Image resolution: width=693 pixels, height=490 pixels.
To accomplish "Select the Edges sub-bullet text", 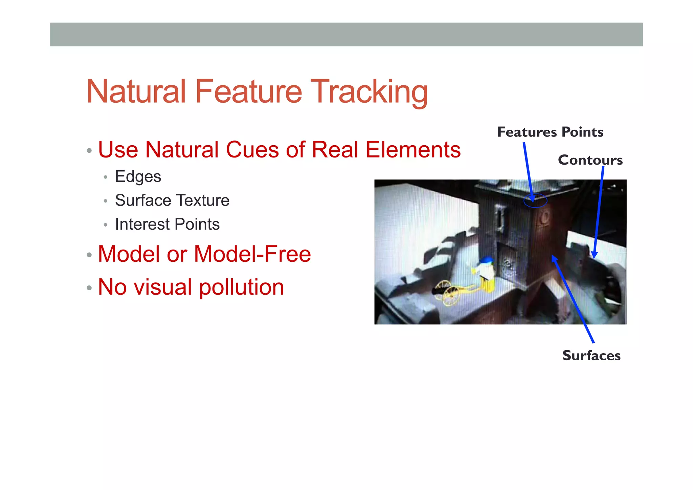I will [x=138, y=176].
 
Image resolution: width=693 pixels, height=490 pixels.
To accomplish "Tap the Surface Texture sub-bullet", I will [x=172, y=200].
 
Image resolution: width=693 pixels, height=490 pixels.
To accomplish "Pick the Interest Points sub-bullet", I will [x=167, y=224].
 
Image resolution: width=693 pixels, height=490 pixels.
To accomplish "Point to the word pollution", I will [x=241, y=287].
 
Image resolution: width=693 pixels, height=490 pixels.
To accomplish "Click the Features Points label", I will [x=550, y=132].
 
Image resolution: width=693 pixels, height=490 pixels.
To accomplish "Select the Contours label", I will [x=590, y=160].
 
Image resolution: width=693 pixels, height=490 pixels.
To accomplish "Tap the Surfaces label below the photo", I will [x=591, y=356].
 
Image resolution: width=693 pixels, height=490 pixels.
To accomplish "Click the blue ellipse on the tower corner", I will [x=535, y=200].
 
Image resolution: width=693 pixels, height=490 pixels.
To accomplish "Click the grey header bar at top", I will [x=346, y=35].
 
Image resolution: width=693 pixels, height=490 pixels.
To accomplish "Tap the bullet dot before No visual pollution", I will [x=89, y=288].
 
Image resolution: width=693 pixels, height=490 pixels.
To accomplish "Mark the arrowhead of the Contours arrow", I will [x=594, y=255].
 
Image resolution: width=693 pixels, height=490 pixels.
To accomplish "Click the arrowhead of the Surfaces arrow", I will [x=554, y=259].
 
